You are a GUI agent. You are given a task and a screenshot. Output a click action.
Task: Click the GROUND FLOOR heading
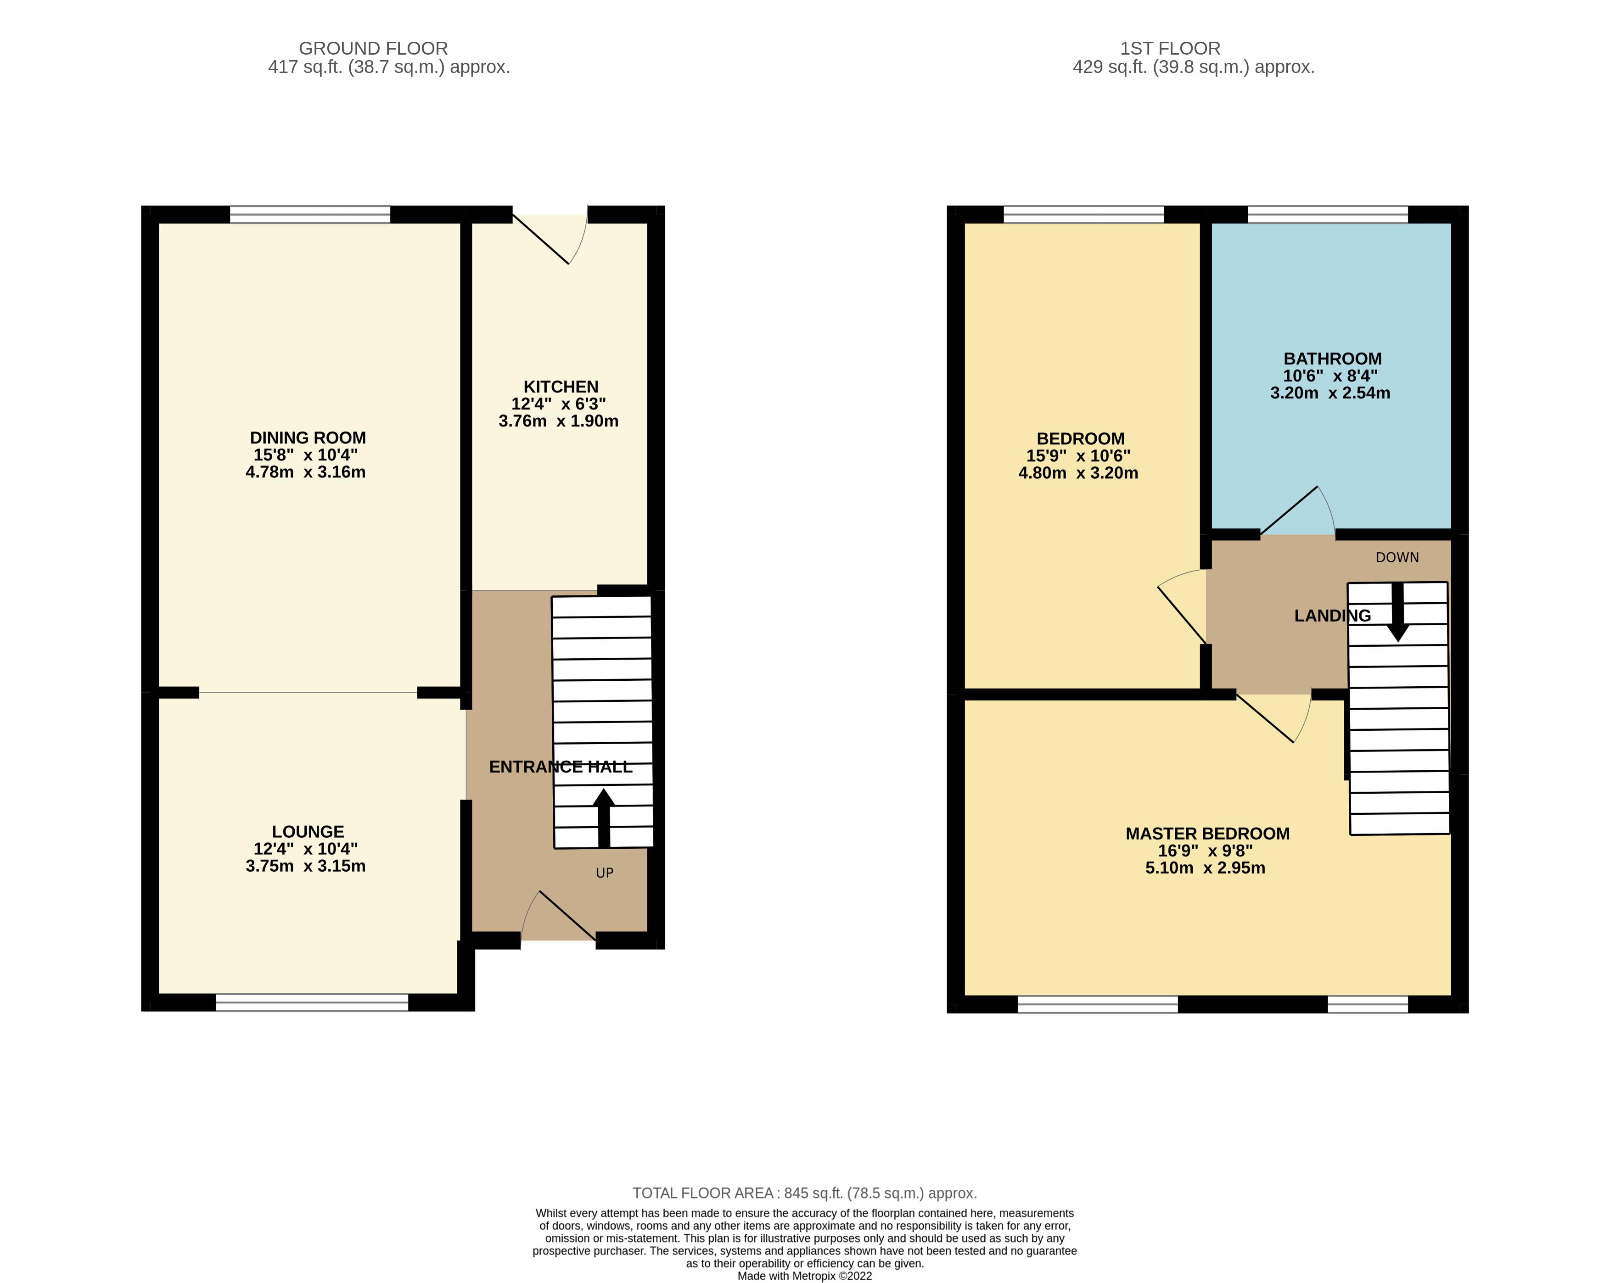coord(373,49)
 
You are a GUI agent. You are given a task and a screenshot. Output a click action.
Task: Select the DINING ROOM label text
coord(308,437)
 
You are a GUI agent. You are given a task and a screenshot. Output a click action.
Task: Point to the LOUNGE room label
coord(308,831)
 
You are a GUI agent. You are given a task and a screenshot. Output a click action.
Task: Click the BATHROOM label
coord(1332,359)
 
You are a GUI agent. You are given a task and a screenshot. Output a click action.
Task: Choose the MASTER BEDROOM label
coord(1207,834)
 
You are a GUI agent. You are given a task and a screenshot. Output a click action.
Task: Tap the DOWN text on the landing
coord(1397,557)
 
